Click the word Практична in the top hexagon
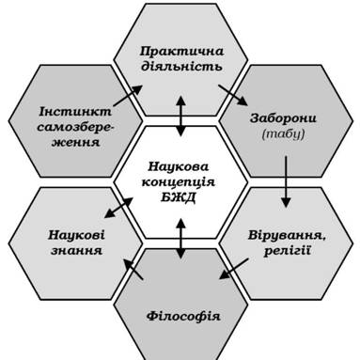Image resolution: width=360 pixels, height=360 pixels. click(181, 51)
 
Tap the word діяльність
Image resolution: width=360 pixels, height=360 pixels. click(182, 66)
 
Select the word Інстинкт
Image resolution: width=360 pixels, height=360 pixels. click(75, 111)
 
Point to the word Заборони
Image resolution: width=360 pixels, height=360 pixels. click(283, 118)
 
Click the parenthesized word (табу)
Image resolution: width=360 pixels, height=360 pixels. click(283, 133)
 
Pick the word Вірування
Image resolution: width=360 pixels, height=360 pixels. click(287, 235)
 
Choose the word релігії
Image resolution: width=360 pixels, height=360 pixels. click(288, 251)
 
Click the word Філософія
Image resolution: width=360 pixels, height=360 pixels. click(183, 316)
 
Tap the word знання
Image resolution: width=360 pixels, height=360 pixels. click(76, 251)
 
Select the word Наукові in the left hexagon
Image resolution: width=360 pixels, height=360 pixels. click(76, 235)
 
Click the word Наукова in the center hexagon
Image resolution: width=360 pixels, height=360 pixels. click(178, 166)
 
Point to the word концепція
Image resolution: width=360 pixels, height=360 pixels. click(179, 182)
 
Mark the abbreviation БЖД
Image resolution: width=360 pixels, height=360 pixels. click(179, 197)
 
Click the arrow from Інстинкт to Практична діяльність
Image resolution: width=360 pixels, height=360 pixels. click(128, 96)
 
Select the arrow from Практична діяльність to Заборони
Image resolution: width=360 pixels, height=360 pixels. click(233, 95)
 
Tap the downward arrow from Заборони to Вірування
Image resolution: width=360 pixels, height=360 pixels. click(286, 181)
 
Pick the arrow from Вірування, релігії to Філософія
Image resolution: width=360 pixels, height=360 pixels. click(234, 269)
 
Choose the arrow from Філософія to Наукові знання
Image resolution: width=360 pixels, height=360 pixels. click(133, 269)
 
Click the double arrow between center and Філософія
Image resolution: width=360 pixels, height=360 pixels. click(180, 239)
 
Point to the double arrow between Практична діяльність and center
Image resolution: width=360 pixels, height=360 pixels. click(180, 116)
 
